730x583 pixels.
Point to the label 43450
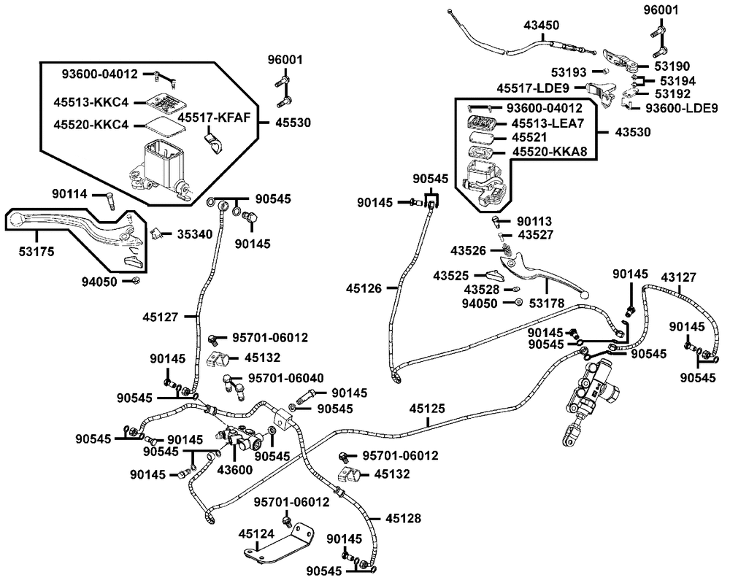coord(542,25)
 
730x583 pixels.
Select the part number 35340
coord(193,234)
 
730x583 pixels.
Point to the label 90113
coord(534,221)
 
